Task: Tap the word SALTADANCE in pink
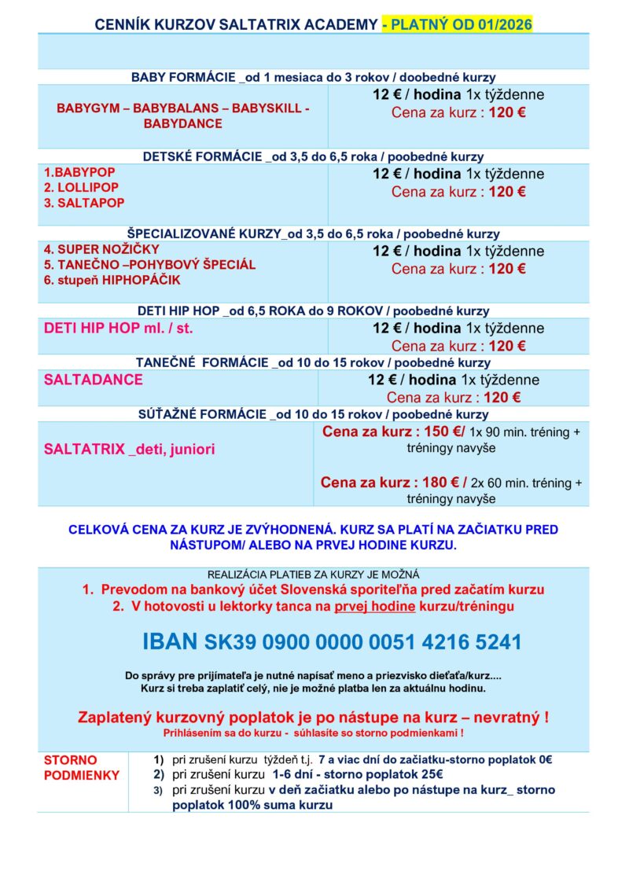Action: [x=94, y=380]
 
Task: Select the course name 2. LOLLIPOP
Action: [x=81, y=187]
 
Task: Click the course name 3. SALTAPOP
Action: [x=81, y=203]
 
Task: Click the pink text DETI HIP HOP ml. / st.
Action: [x=119, y=329]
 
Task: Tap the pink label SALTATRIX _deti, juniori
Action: [x=130, y=450]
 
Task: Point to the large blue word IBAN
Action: [x=170, y=642]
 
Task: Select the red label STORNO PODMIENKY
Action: [x=82, y=768]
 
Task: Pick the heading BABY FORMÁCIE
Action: [x=183, y=77]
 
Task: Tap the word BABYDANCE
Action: [x=183, y=123]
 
